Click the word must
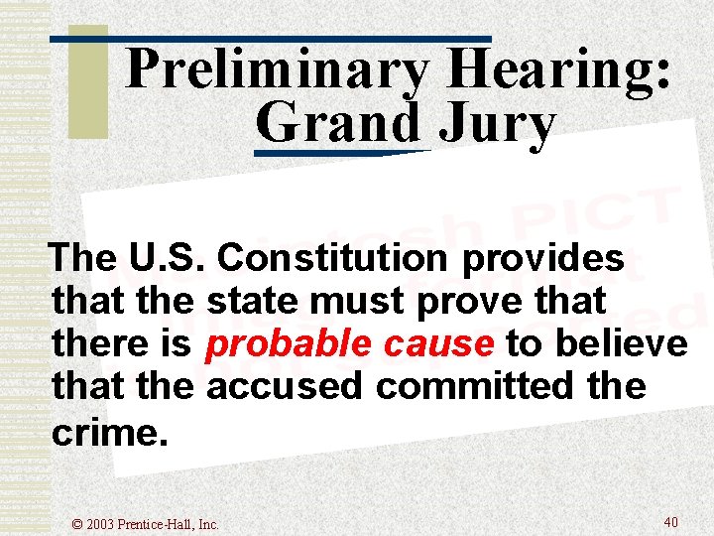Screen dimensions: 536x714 (x=361, y=301)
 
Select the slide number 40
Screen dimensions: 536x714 (x=670, y=521)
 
